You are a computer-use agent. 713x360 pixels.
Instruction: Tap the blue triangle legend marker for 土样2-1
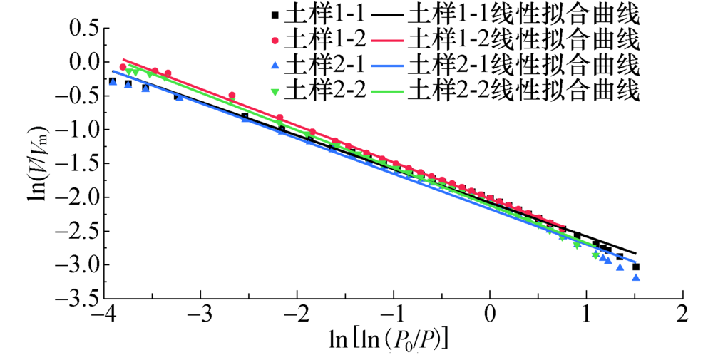(x=273, y=65)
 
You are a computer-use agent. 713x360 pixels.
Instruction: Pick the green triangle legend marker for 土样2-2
(x=273, y=91)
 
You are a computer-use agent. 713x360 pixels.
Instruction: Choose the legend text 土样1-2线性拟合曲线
(x=524, y=39)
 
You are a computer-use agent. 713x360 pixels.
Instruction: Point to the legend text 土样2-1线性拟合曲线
(x=524, y=65)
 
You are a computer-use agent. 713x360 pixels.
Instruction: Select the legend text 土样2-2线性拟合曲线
(x=524, y=91)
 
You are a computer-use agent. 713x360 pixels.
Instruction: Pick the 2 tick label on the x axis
(x=683, y=314)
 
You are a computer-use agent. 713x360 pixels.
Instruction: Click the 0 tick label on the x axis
(x=490, y=314)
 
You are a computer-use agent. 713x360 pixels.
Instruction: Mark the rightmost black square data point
(x=635, y=267)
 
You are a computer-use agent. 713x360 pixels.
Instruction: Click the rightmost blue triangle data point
(x=636, y=277)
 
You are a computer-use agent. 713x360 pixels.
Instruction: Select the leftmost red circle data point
(x=123, y=67)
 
